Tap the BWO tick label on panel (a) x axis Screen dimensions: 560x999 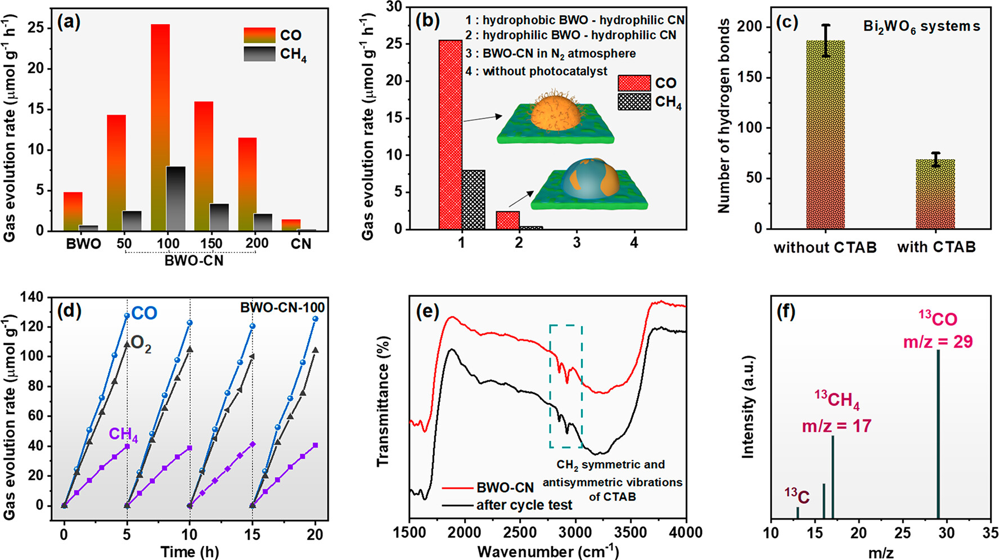83,244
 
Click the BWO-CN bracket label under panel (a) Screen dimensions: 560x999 193,261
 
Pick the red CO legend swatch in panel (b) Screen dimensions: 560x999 634,83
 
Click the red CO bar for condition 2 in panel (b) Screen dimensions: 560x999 508,220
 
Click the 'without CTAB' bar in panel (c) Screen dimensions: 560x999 825,134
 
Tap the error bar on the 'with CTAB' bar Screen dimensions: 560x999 935,160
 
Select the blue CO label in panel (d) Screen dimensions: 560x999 145,314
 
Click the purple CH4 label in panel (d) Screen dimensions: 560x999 123,434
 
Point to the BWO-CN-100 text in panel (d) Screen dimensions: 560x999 282,308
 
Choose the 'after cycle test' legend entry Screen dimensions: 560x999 524,505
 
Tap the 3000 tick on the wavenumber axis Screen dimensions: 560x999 575,532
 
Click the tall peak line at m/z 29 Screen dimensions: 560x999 938,433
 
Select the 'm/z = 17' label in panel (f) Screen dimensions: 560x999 836,426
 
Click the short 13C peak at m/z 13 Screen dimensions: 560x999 798,513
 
